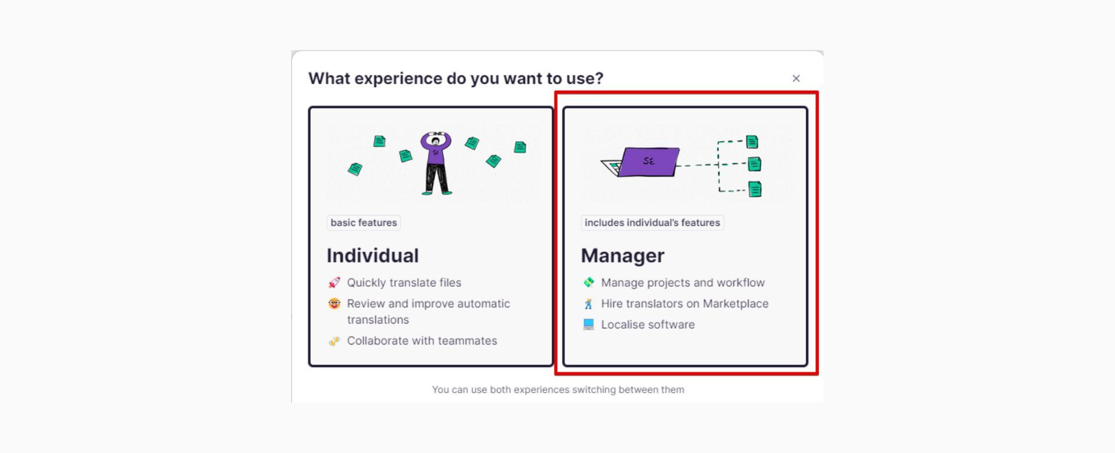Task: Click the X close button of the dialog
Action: click(796, 78)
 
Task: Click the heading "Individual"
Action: click(372, 256)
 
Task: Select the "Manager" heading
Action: click(623, 256)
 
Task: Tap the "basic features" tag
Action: click(364, 222)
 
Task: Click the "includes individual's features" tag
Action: click(652, 222)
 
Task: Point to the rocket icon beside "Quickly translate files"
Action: click(334, 283)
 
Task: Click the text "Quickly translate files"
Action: click(404, 283)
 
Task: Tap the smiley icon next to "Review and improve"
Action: click(334, 303)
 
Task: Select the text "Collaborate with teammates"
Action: click(422, 341)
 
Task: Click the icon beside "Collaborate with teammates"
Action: click(334, 341)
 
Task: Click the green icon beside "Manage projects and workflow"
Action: click(588, 282)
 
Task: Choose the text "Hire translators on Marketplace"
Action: click(685, 304)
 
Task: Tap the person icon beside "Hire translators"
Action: click(588, 303)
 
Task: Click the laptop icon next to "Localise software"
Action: click(588, 324)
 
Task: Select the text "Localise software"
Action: click(648, 325)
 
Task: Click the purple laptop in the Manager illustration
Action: click(642, 162)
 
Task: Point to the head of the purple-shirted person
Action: click(436, 141)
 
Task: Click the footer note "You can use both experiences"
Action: click(558, 390)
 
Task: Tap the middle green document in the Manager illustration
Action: click(754, 164)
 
